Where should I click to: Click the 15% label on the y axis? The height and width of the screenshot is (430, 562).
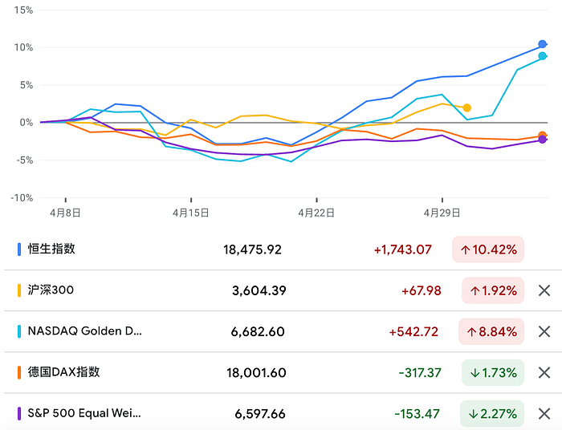23,10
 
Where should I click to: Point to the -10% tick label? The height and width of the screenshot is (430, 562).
22,197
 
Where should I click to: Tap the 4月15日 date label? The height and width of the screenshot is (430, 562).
191,213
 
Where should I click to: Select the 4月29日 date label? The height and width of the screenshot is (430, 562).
442,213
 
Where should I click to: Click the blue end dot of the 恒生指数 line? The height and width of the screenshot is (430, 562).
543,45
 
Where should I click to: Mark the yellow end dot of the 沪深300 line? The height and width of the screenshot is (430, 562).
466,107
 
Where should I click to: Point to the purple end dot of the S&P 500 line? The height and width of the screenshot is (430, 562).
543,140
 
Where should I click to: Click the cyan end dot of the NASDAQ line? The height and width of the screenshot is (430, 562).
543,56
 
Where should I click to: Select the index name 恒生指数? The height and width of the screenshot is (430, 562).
51,249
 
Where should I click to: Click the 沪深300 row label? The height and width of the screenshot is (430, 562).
51,290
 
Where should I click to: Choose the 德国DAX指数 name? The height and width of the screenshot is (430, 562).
63,372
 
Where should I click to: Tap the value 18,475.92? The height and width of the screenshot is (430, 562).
252,249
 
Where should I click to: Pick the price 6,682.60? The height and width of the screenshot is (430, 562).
259,331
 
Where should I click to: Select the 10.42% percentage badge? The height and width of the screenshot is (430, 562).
488,249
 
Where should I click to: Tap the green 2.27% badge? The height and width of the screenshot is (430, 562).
492,414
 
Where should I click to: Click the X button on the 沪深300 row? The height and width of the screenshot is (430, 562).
544,290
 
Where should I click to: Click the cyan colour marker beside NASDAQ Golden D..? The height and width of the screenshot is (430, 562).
18,331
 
